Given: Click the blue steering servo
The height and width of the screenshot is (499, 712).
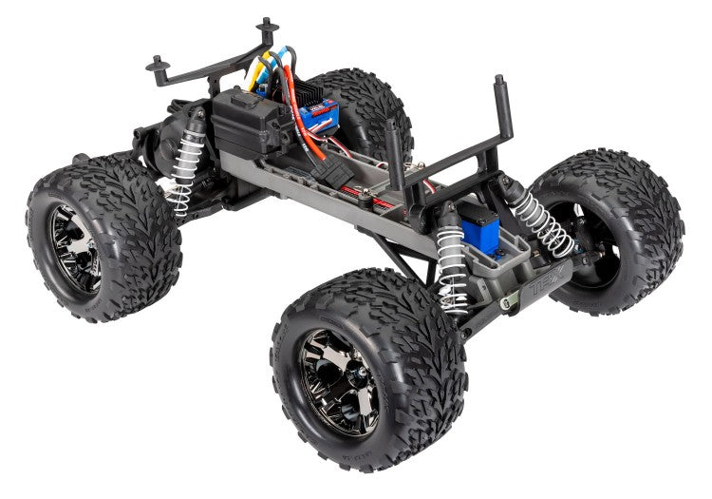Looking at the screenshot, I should point(485,227).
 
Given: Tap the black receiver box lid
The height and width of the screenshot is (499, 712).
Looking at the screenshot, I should point(242,105).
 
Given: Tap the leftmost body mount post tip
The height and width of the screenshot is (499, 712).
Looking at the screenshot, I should point(153,64).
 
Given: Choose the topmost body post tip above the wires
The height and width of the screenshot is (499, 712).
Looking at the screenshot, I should point(265,22).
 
